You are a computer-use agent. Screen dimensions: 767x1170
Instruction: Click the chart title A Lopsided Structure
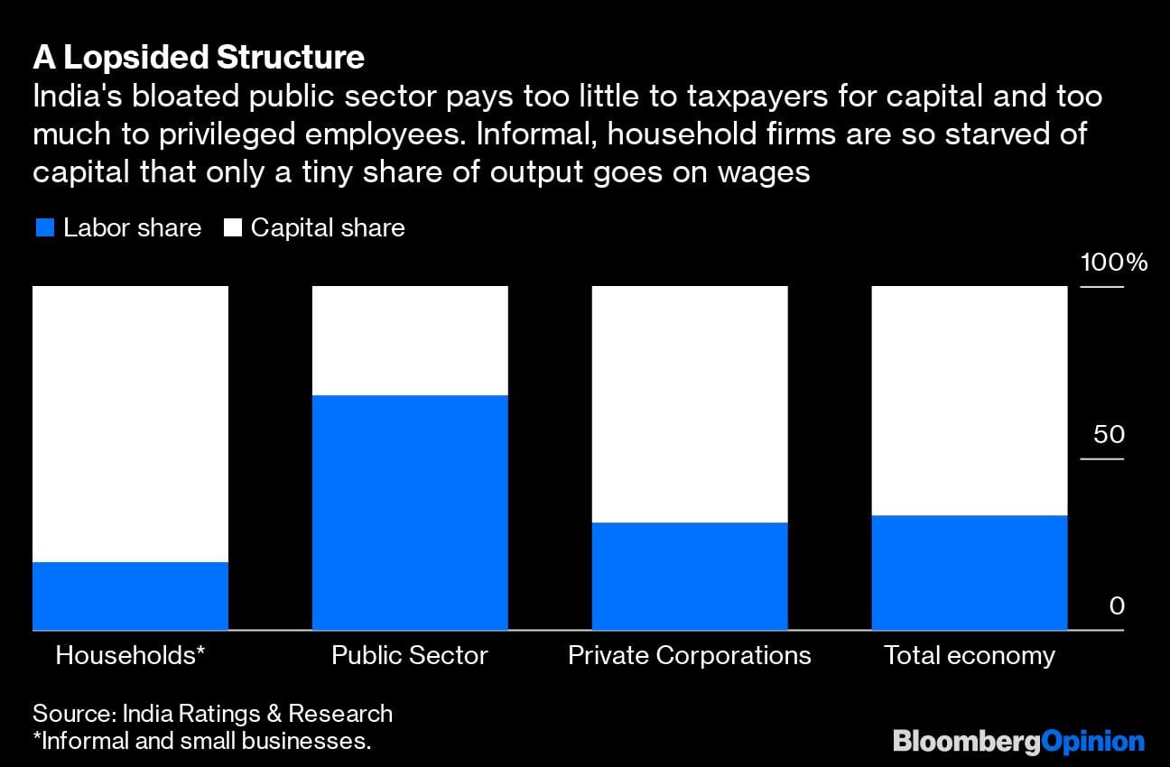pyautogui.click(x=199, y=58)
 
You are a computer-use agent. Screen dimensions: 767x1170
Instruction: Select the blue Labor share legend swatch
pyautogui.click(x=44, y=228)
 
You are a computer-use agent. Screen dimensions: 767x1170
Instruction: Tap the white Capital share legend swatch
pyautogui.click(x=233, y=228)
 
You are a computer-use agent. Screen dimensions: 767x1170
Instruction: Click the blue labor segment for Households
pyautogui.click(x=130, y=596)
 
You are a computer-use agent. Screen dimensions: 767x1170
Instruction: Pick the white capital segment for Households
pyautogui.click(x=130, y=424)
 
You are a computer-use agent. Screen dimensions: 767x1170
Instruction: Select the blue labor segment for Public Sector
pyautogui.click(x=410, y=513)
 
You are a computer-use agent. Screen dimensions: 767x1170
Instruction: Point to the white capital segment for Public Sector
pyautogui.click(x=410, y=340)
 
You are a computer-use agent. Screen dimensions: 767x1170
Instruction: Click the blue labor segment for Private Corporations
pyautogui.click(x=690, y=576)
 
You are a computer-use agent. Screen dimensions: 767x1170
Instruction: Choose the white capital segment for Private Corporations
pyautogui.click(x=690, y=404)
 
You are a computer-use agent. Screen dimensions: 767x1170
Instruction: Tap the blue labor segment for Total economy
pyautogui.click(x=970, y=572)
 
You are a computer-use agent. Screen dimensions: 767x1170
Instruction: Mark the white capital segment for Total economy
pyautogui.click(x=970, y=401)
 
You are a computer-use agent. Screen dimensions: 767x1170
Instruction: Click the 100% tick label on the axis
pyautogui.click(x=1114, y=263)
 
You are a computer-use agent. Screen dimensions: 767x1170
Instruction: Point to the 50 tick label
pyautogui.click(x=1109, y=434)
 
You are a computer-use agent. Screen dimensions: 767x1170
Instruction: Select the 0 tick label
pyautogui.click(x=1117, y=605)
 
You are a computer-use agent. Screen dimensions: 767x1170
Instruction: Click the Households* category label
pyautogui.click(x=130, y=655)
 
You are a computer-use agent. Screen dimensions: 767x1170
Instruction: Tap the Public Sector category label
pyautogui.click(x=410, y=655)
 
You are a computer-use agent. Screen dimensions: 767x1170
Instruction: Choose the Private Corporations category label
pyautogui.click(x=690, y=655)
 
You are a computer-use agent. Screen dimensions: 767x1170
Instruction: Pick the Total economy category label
pyautogui.click(x=970, y=655)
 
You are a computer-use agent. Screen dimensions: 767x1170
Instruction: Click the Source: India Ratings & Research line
pyautogui.click(x=213, y=714)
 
